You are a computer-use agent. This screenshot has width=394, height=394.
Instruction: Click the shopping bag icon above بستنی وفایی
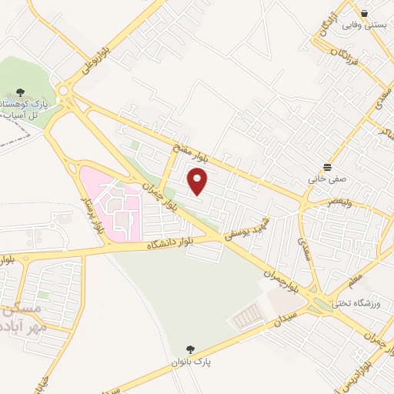(365, 13)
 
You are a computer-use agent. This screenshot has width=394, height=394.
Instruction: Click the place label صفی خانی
(329, 179)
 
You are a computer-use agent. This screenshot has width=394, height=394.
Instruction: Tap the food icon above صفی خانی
(329, 167)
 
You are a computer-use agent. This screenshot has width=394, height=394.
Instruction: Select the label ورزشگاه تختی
(351, 302)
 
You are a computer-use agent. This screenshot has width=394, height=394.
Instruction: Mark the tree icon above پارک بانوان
(191, 349)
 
